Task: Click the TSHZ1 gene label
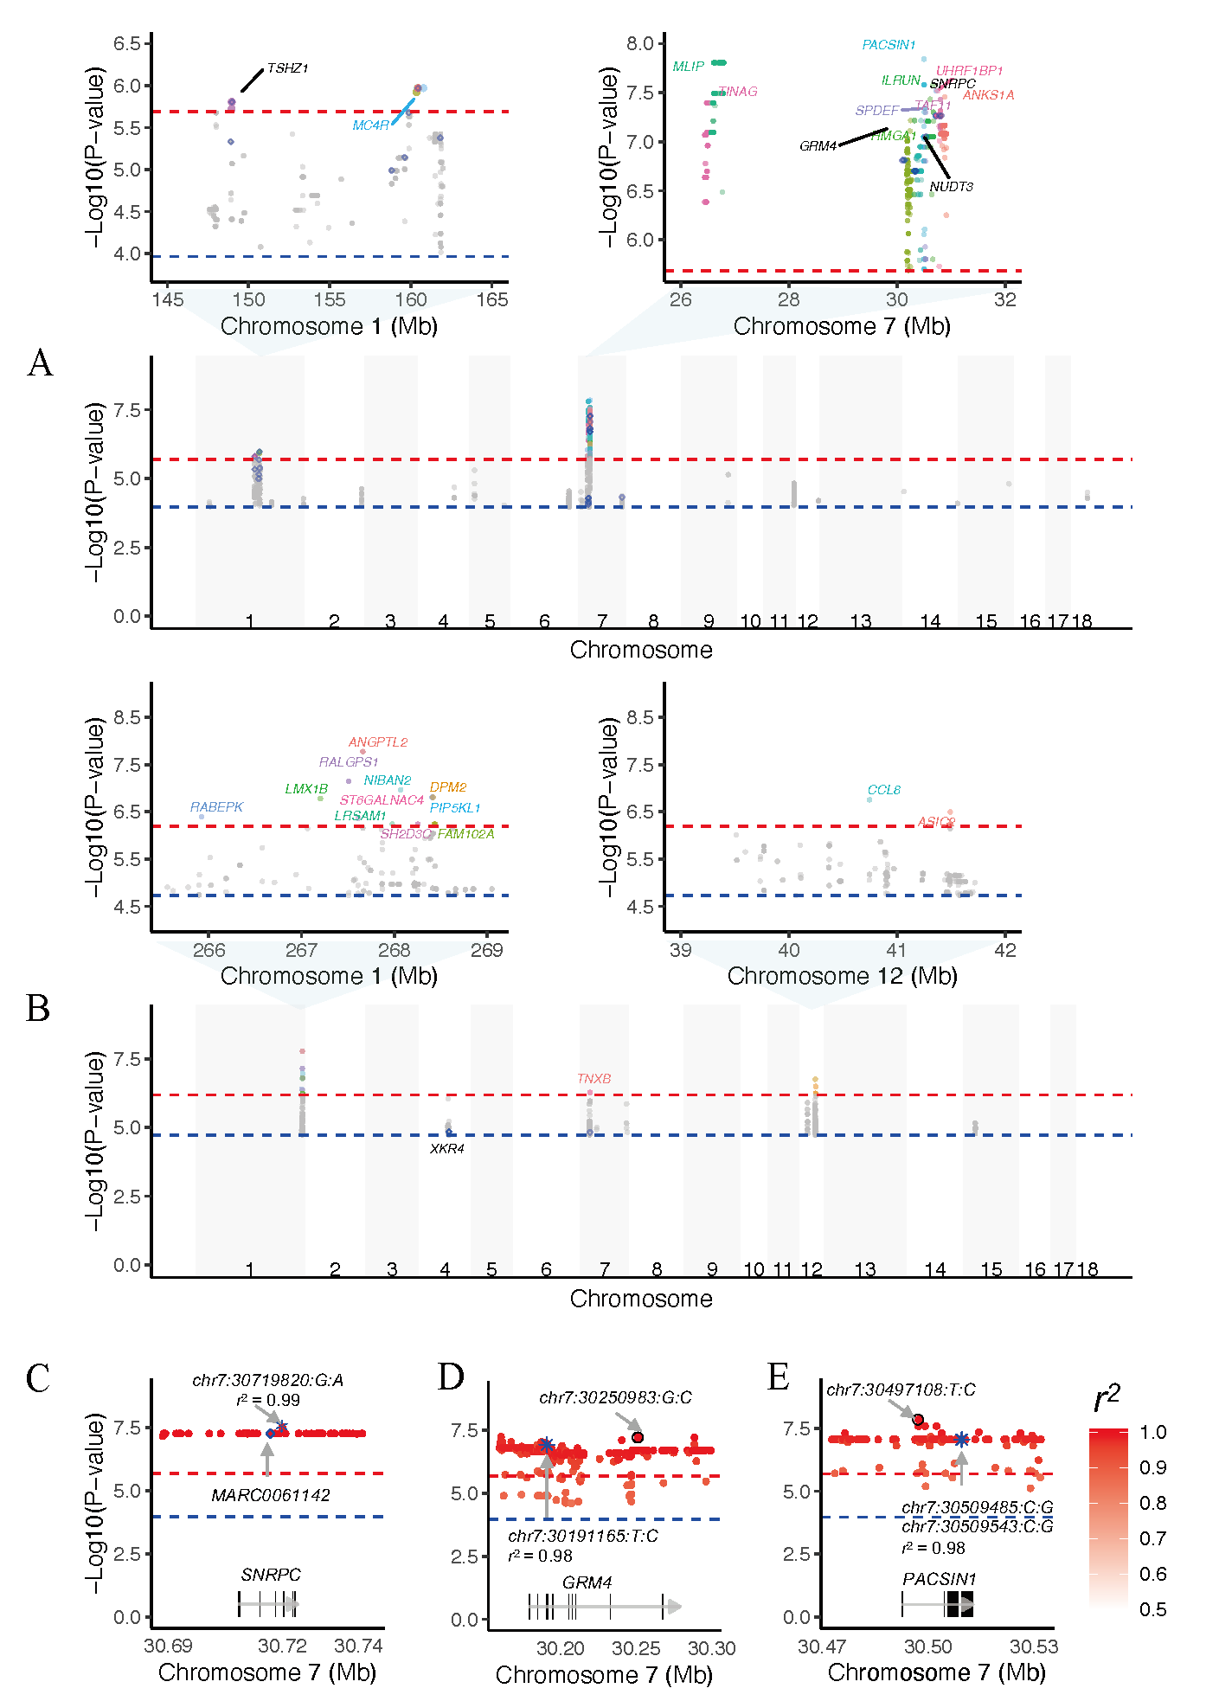tap(287, 68)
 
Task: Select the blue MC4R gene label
tap(370, 125)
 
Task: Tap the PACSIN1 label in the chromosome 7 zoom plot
tap(889, 45)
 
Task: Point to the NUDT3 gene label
tap(951, 187)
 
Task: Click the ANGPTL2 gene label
tap(378, 742)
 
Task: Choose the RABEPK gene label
tap(216, 807)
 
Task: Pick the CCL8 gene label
tap(884, 790)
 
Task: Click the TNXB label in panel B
tap(594, 1079)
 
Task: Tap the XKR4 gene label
tap(447, 1149)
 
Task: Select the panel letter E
tap(779, 1377)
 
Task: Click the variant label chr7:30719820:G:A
tap(268, 1380)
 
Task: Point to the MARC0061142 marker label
tap(271, 1495)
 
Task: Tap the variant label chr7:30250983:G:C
tap(616, 1397)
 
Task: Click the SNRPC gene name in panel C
tap(271, 1575)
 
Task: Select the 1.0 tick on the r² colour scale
tap(1153, 1432)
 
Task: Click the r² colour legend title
tap(1107, 1398)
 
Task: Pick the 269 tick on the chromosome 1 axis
tap(487, 950)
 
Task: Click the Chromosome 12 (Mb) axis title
tap(842, 976)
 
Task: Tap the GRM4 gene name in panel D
tap(587, 1582)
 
